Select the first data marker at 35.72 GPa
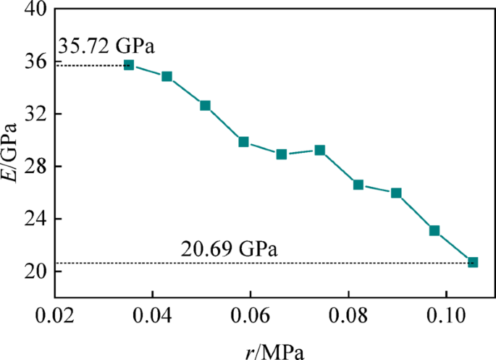click(x=129, y=65)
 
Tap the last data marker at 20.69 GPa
click(x=473, y=262)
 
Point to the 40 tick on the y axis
click(x=34, y=10)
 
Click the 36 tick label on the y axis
click(x=34, y=62)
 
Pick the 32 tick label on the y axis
click(x=34, y=114)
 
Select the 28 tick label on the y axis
click(x=34, y=167)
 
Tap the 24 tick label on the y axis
click(x=34, y=219)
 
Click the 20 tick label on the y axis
click(x=34, y=271)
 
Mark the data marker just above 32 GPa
click(x=205, y=106)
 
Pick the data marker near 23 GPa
click(x=434, y=231)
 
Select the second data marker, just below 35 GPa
click(x=167, y=76)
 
